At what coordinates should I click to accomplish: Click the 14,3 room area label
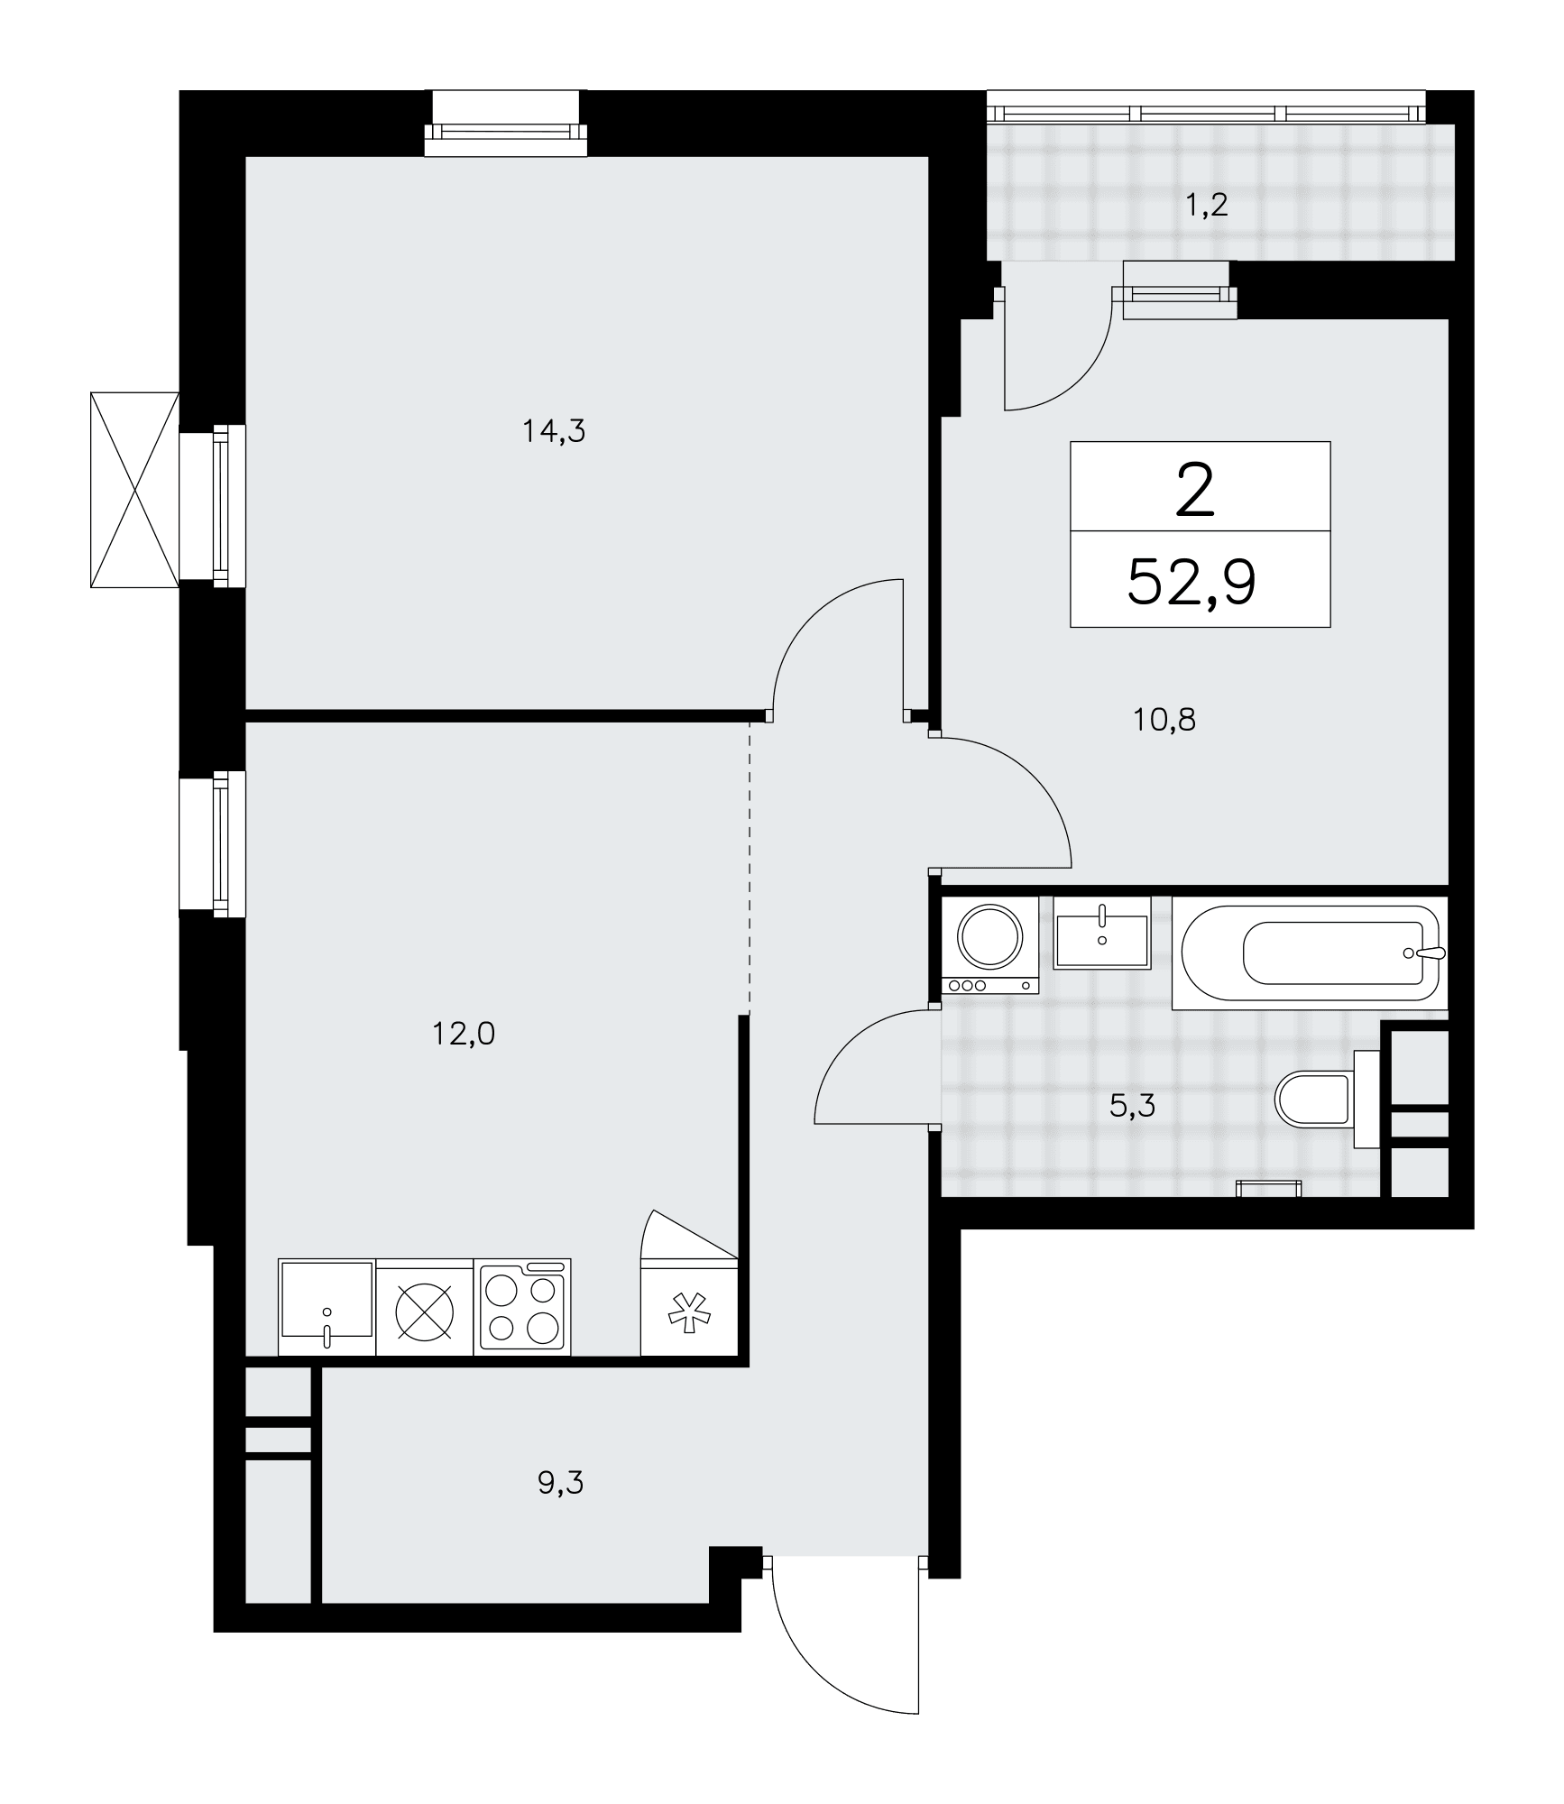click(x=554, y=432)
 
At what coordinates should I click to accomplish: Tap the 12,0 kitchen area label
click(x=464, y=1034)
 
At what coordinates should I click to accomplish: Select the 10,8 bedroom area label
click(x=1164, y=720)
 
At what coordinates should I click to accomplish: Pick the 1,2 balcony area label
click(x=1207, y=206)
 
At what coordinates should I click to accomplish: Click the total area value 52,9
click(x=1191, y=583)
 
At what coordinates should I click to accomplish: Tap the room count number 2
click(x=1196, y=492)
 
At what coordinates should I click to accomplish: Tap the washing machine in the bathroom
click(x=990, y=945)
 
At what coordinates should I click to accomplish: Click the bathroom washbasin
click(x=1101, y=933)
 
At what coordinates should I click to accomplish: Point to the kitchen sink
click(x=327, y=1307)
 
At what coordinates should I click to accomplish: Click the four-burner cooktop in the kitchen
click(x=522, y=1307)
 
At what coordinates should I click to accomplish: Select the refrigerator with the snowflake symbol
click(x=689, y=1307)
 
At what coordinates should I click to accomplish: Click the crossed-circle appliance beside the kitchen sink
click(x=425, y=1307)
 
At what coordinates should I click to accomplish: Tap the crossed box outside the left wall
click(x=135, y=490)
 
